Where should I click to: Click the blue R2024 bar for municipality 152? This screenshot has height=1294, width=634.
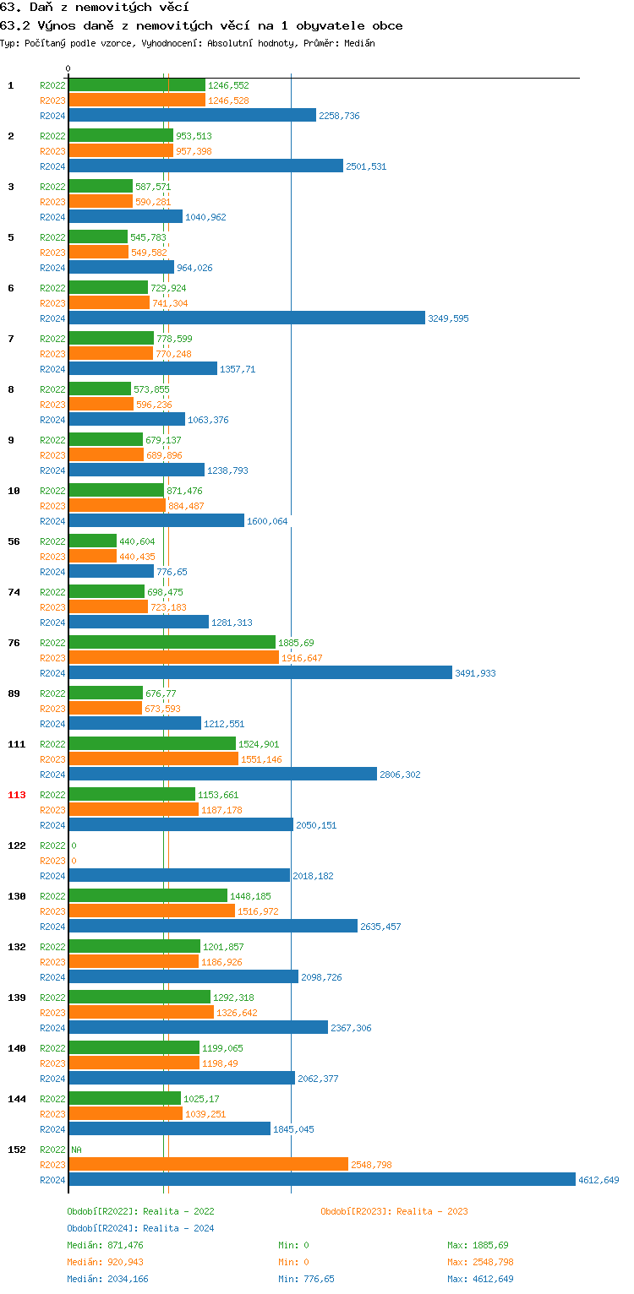(321, 1179)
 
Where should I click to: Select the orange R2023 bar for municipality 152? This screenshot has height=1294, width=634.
(208, 1164)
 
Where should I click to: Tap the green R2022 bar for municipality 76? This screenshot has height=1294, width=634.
(172, 642)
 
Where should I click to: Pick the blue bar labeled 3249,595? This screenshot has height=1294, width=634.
(246, 318)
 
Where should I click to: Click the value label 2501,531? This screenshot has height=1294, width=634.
(366, 166)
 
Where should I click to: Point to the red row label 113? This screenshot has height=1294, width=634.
(17, 795)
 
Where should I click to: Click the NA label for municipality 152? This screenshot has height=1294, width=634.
(76, 1150)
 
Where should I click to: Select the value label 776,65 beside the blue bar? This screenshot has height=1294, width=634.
(172, 572)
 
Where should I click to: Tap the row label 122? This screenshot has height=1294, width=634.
(17, 845)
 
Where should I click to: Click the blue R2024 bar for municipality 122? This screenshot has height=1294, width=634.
(178, 875)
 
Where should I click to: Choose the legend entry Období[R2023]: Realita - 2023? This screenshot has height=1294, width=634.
(394, 1211)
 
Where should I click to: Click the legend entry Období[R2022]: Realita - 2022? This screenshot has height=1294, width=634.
(140, 1211)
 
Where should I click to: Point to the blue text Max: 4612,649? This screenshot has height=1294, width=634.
(480, 1279)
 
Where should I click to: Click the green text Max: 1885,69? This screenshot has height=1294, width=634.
(478, 1245)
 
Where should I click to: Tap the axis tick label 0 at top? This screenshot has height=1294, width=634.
(68, 68)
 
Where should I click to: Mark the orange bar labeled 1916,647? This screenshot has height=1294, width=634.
(173, 657)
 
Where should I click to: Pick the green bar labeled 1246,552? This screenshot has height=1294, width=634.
(136, 84)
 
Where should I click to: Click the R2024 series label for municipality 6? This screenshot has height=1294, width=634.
(52, 318)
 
